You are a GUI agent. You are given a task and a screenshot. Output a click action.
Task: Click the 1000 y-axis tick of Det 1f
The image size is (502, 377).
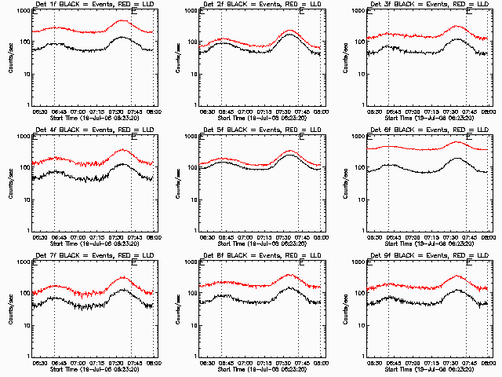[x=25, y=12]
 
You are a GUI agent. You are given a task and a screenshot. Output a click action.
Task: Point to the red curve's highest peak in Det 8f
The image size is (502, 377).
[x=289, y=275]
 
